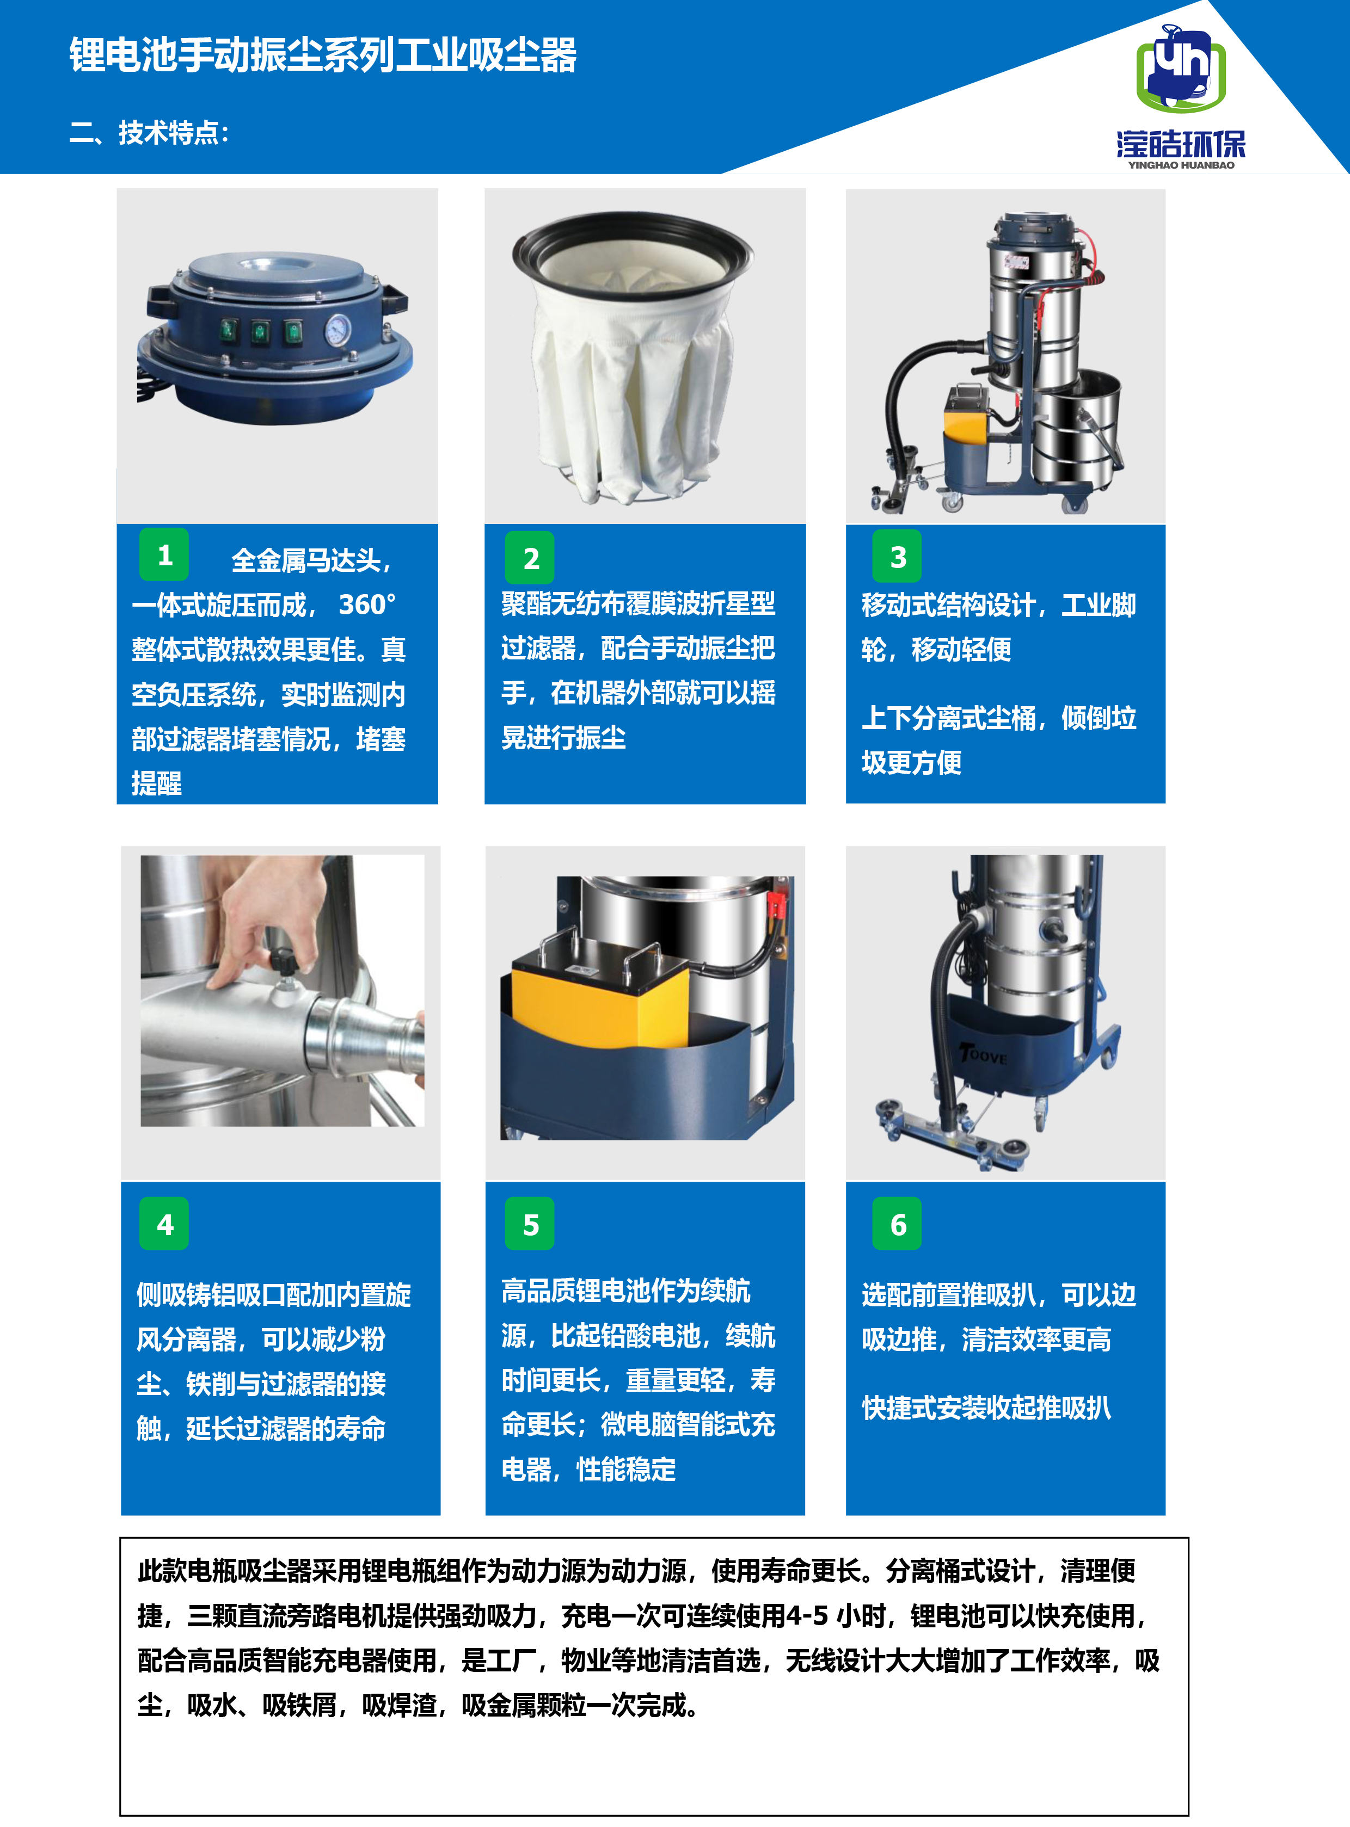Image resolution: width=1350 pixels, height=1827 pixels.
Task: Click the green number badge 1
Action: point(164,554)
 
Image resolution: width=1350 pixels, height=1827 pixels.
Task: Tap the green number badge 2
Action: point(530,558)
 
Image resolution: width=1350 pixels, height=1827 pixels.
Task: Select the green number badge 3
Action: point(897,556)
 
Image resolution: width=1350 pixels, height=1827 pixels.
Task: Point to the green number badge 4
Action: point(164,1224)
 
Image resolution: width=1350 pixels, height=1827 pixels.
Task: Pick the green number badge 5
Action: point(530,1224)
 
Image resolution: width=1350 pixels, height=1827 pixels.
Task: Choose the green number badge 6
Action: point(897,1224)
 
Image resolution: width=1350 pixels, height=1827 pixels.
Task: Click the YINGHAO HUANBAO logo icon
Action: point(1181,70)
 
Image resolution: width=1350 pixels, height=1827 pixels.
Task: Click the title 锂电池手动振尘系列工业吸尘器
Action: point(323,55)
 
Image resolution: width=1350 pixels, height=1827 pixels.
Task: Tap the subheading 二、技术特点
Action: point(149,132)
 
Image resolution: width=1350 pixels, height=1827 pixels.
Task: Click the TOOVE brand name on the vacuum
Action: point(984,1055)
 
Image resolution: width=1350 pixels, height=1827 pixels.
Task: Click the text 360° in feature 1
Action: point(367,604)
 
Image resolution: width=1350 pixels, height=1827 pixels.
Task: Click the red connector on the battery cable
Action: point(776,904)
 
